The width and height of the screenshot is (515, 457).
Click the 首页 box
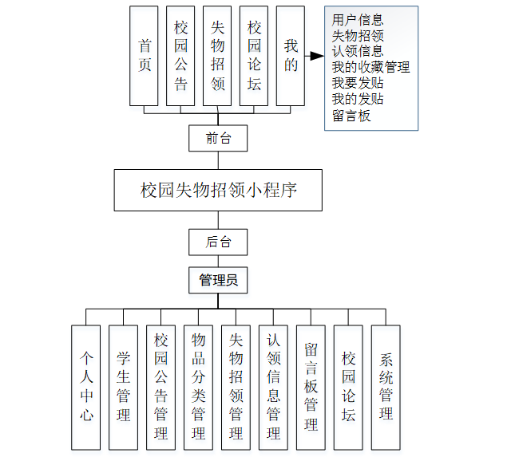(x=145, y=56)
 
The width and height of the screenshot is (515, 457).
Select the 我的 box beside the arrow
(x=291, y=56)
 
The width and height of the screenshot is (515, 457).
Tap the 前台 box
(x=218, y=138)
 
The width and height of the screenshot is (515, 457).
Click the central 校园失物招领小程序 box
(x=218, y=190)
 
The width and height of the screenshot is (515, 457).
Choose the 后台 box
(x=218, y=242)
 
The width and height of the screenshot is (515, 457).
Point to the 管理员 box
(x=218, y=280)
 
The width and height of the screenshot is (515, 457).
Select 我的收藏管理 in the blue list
(x=370, y=68)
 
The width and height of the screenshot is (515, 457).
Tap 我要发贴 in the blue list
(x=358, y=84)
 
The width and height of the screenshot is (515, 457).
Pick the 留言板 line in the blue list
(x=351, y=116)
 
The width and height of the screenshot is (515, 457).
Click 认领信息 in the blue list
(x=358, y=52)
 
